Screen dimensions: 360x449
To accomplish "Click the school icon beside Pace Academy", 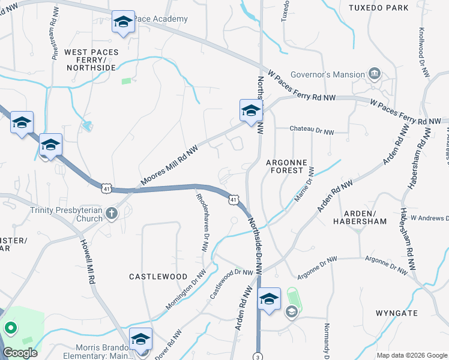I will point(123,23).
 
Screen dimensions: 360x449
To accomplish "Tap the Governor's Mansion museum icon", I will point(375,74).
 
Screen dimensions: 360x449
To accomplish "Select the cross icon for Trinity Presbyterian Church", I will point(112,213).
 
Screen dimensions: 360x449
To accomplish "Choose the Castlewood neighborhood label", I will point(158,276).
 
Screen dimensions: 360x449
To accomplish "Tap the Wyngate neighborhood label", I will point(396,313).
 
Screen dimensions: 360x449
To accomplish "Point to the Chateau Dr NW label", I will point(312,129).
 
